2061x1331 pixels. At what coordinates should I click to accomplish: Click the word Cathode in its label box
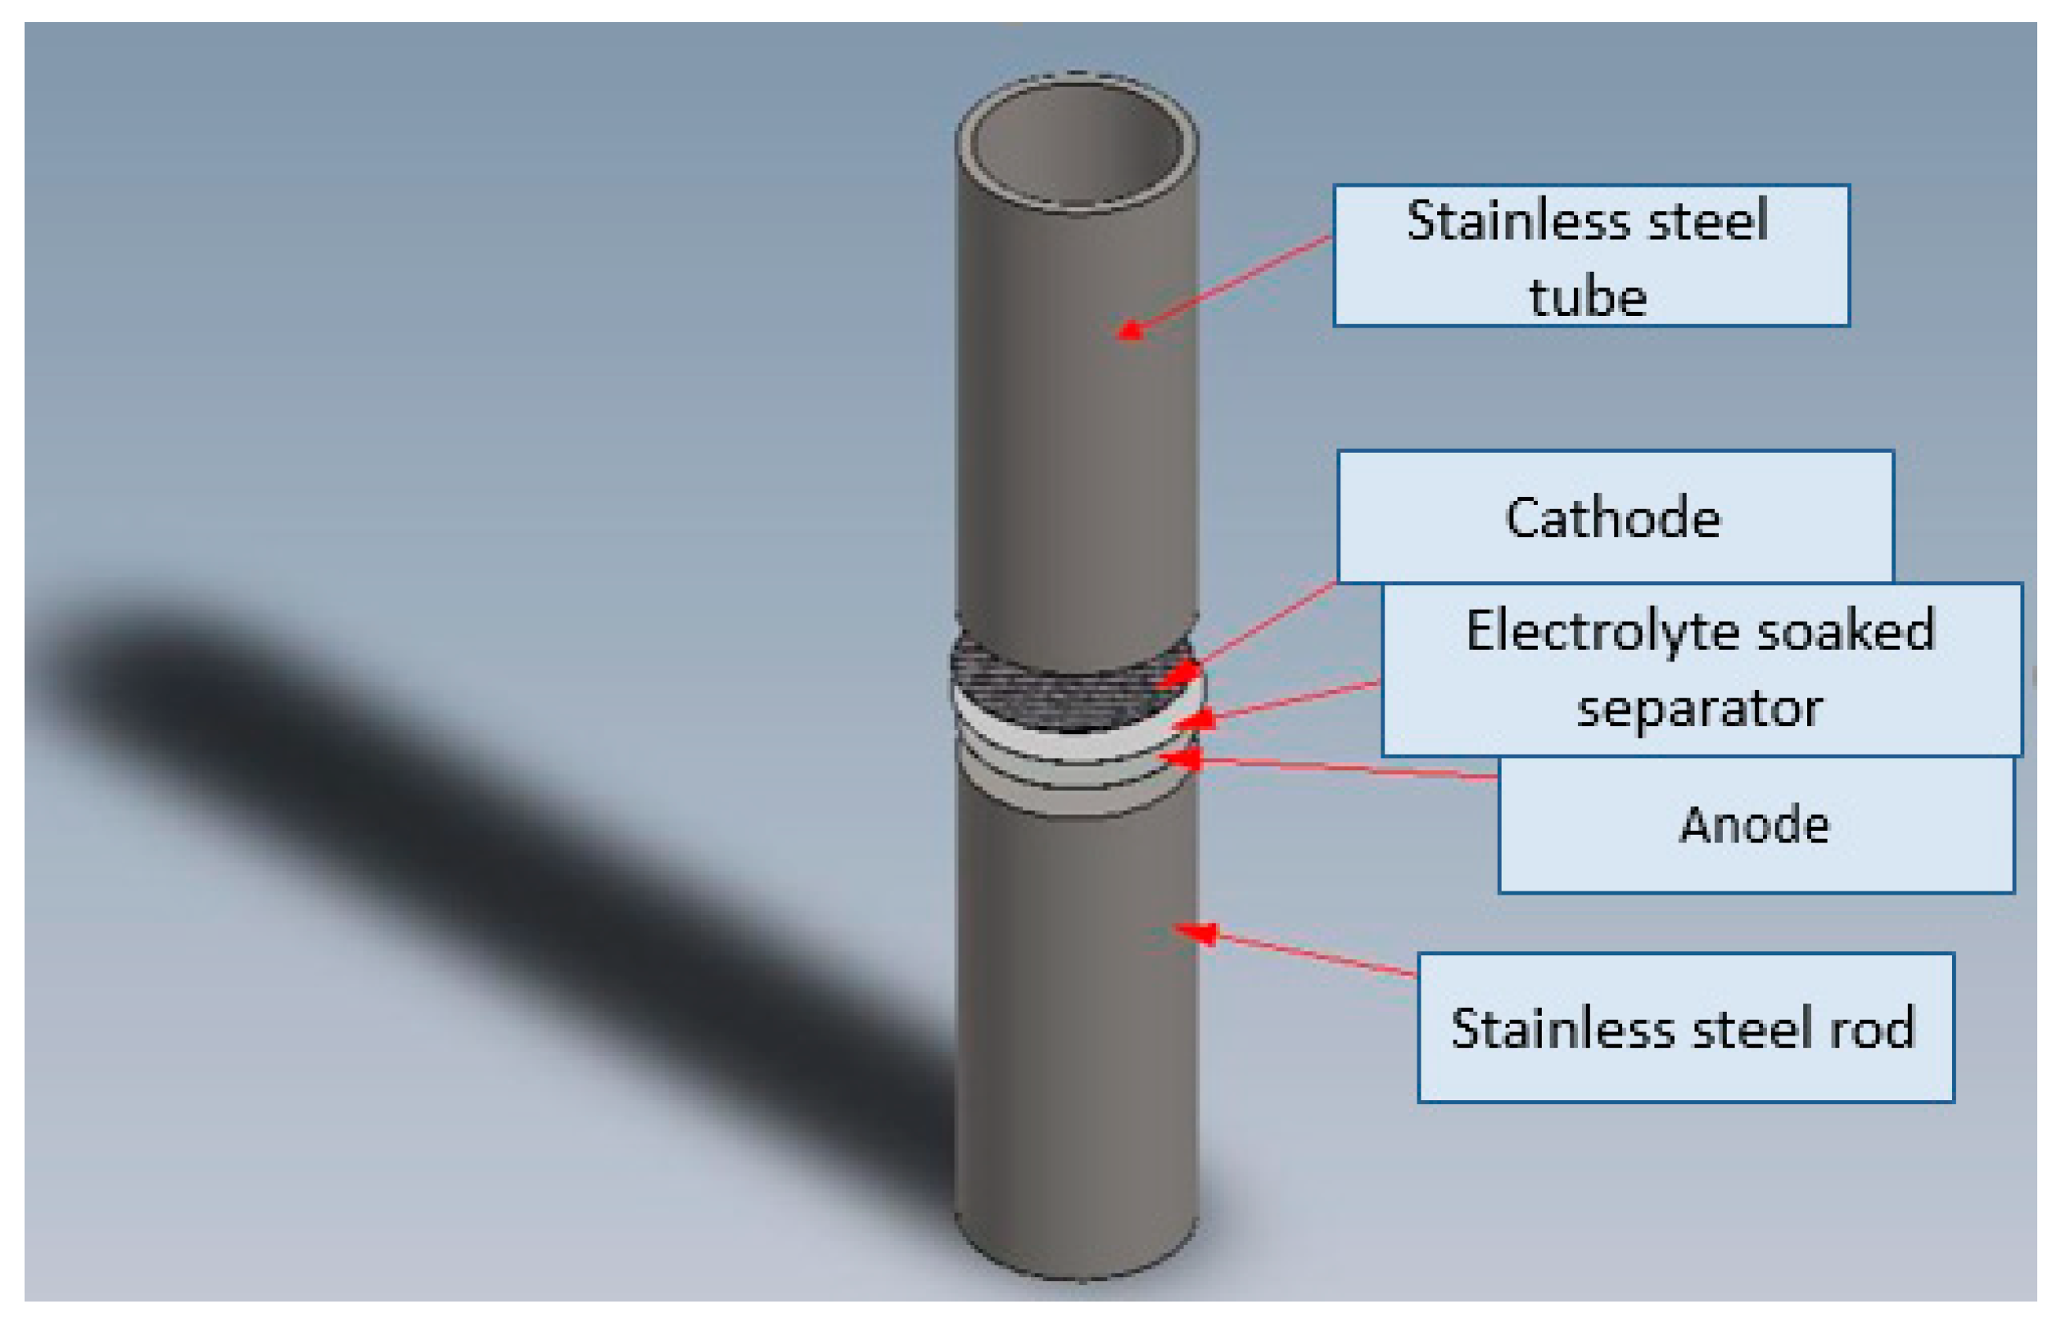pyautogui.click(x=1612, y=520)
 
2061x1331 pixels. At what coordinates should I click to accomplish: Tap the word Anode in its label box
pyautogui.click(x=1754, y=824)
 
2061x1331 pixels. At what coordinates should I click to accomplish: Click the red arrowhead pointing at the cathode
pyautogui.click(x=1182, y=672)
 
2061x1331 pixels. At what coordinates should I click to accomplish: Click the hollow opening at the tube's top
pyautogui.click(x=1076, y=142)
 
